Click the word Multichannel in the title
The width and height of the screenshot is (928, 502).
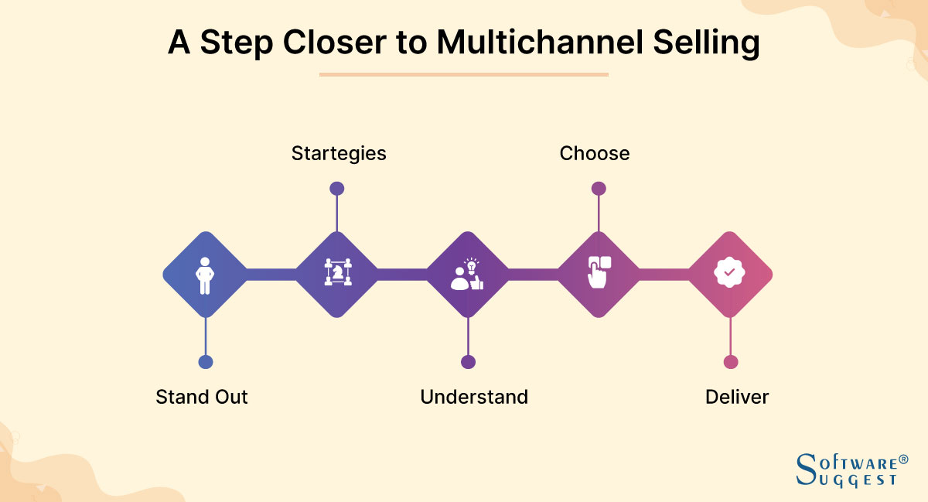534,43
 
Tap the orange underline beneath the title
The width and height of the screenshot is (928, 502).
464,75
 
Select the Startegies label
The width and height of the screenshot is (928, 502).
339,153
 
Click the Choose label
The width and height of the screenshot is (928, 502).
595,153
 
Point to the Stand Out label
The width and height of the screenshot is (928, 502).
202,397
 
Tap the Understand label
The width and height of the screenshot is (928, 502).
474,397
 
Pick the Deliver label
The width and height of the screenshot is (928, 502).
737,397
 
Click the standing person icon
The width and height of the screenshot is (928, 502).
204,275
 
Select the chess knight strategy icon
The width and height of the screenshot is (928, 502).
337,274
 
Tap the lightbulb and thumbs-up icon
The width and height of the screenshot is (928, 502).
467,275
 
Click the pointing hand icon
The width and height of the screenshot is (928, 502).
599,273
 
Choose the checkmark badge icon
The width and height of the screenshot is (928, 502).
729,273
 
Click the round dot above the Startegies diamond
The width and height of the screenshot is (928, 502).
336,188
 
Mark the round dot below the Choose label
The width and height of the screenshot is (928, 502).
599,188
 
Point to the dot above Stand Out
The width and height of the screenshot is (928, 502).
205,362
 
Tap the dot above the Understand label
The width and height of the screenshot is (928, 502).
468,362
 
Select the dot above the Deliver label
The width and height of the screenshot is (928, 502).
731,362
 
